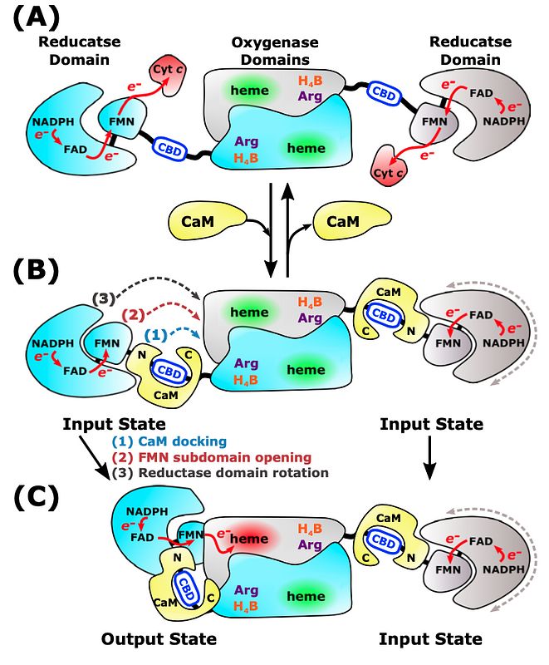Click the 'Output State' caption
159,638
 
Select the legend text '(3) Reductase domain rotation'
220,473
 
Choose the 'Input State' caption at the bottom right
431,638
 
